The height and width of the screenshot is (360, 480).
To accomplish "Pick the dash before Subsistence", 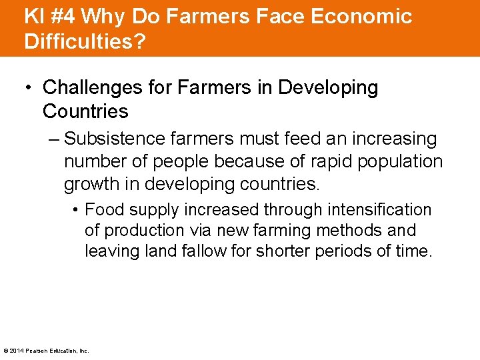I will pyautogui.click(x=54, y=139).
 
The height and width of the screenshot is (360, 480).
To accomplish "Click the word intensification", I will pyautogui.click(x=379, y=210).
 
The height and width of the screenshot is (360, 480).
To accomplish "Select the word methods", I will pyautogui.click(x=352, y=231).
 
